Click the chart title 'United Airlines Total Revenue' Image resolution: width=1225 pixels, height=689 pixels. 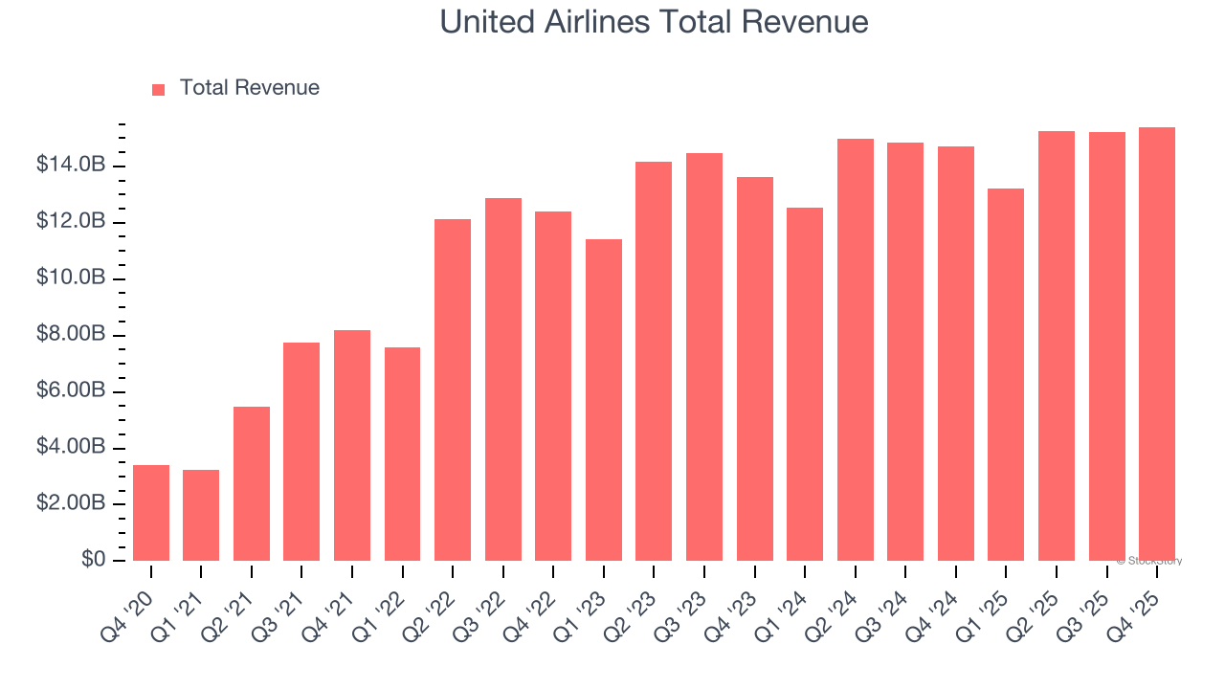pos(654,22)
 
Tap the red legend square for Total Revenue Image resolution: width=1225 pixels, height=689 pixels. pos(159,89)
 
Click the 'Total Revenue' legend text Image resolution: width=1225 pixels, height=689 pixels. pos(249,88)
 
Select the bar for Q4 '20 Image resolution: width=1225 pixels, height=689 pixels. pos(151,513)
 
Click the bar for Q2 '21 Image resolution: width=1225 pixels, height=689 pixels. pos(252,483)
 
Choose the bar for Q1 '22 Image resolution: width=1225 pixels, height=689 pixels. pos(402,454)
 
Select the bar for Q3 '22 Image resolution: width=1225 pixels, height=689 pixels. pos(503,379)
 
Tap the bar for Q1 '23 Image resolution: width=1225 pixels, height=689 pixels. pos(604,400)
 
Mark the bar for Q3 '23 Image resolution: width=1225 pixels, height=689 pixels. pos(704,357)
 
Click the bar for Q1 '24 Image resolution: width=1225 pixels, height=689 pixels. pos(805,384)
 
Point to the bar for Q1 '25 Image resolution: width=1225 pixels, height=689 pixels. pos(1006,374)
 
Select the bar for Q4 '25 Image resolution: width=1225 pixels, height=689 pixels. pos(1157,344)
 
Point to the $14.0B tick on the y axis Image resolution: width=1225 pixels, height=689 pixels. pos(71,166)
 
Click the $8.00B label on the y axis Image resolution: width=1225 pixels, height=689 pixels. pos(71,335)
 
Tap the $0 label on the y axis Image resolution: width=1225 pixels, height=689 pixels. pos(94,560)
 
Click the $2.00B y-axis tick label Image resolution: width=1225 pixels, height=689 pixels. pos(71,503)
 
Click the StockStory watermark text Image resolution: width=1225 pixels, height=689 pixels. pos(1149,561)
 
